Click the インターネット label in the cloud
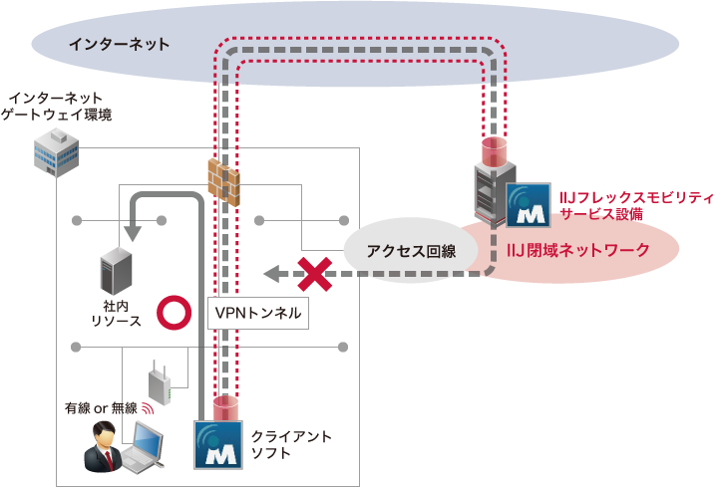(x=119, y=45)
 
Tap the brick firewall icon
(x=225, y=180)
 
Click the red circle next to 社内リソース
(x=177, y=312)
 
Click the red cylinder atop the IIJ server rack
(x=494, y=150)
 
